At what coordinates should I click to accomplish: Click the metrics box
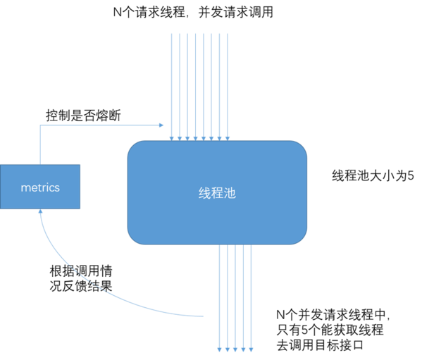40,187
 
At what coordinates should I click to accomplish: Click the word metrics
40,187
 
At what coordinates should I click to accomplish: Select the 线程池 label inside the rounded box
217,193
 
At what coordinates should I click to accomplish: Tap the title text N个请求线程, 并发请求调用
193,12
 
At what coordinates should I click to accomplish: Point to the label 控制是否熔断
83,116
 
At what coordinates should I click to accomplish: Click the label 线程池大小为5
373,175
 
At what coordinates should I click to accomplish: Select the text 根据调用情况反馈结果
81,278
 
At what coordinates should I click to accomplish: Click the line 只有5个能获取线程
330,330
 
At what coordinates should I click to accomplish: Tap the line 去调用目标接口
320,345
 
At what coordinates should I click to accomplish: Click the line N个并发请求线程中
333,314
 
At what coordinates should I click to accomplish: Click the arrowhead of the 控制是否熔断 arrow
161,125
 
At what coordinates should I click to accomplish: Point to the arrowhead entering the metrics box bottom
40,211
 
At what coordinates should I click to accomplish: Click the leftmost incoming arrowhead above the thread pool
171,139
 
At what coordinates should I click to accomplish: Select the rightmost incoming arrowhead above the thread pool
228,139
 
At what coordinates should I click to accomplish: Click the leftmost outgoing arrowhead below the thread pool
219,349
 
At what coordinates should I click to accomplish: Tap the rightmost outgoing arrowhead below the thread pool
251,349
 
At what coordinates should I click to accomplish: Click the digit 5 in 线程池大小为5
411,176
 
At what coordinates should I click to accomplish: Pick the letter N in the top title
118,13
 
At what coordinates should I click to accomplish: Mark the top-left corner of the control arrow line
40,125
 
